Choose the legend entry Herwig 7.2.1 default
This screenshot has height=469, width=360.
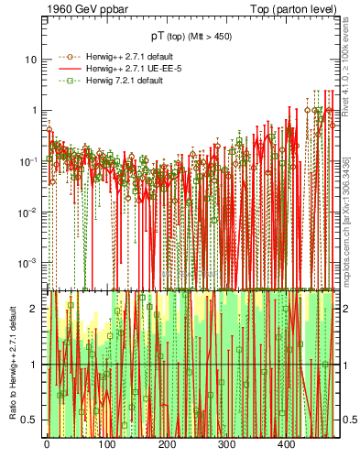(x=115, y=81)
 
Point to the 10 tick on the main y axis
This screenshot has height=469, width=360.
(x=30, y=59)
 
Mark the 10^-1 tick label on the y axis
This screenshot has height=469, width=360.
(x=28, y=160)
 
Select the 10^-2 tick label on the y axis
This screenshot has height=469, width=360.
(x=28, y=212)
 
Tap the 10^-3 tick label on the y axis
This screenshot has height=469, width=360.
(x=28, y=262)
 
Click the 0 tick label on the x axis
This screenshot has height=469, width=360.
(x=47, y=444)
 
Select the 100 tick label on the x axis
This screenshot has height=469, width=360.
(x=106, y=444)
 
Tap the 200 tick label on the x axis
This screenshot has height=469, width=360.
(x=167, y=444)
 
